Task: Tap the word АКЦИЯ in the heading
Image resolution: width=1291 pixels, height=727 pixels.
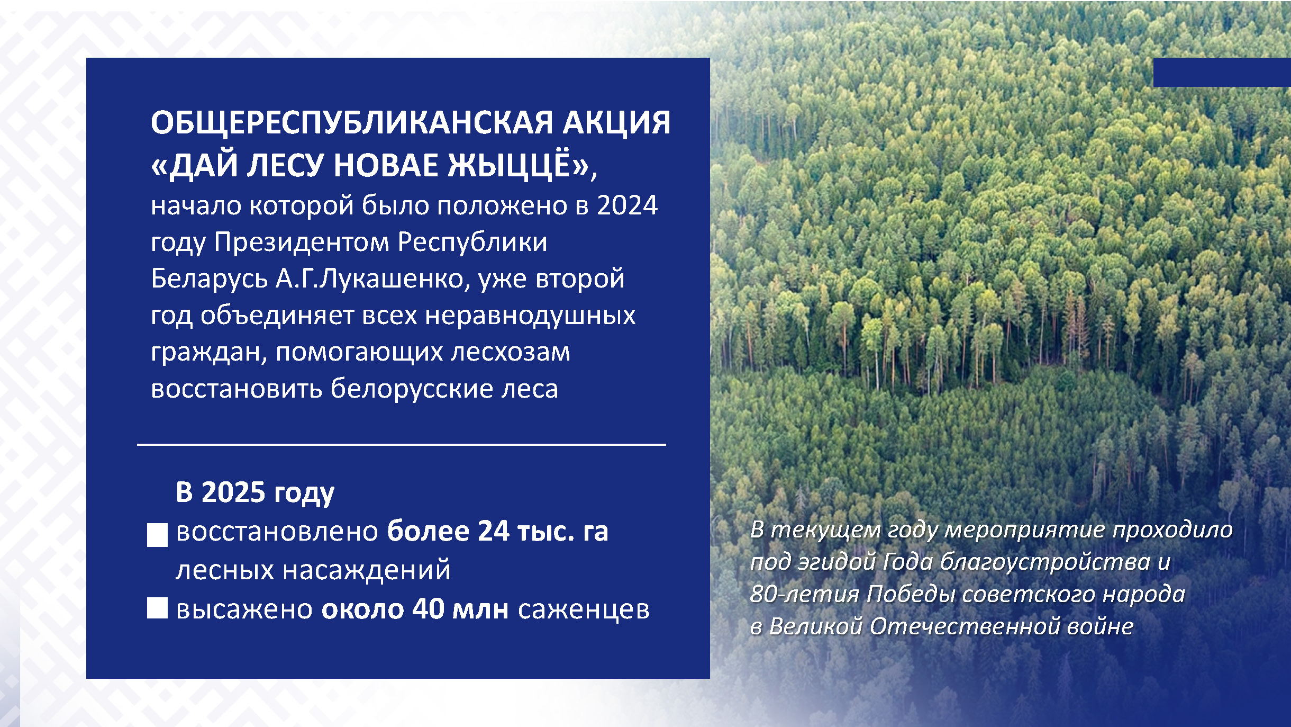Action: click(x=616, y=123)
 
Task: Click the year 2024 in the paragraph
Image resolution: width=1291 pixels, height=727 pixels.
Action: click(x=628, y=205)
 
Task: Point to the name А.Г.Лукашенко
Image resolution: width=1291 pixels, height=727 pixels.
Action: click(x=370, y=279)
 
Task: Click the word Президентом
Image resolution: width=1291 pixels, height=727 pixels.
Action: click(x=302, y=243)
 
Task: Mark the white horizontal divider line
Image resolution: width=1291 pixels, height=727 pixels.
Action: click(x=401, y=445)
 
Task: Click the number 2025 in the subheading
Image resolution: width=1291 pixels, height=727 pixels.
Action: click(x=233, y=492)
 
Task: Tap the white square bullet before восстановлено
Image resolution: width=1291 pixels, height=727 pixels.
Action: click(x=157, y=535)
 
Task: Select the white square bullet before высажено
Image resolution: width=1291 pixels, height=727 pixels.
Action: click(x=157, y=608)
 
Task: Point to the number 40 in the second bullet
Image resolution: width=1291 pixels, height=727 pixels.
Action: click(x=429, y=609)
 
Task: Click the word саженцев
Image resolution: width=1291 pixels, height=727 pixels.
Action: click(x=584, y=611)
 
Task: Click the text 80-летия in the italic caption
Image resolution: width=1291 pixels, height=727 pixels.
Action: click(x=804, y=594)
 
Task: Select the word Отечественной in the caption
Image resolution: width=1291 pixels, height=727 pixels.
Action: click(x=963, y=626)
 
